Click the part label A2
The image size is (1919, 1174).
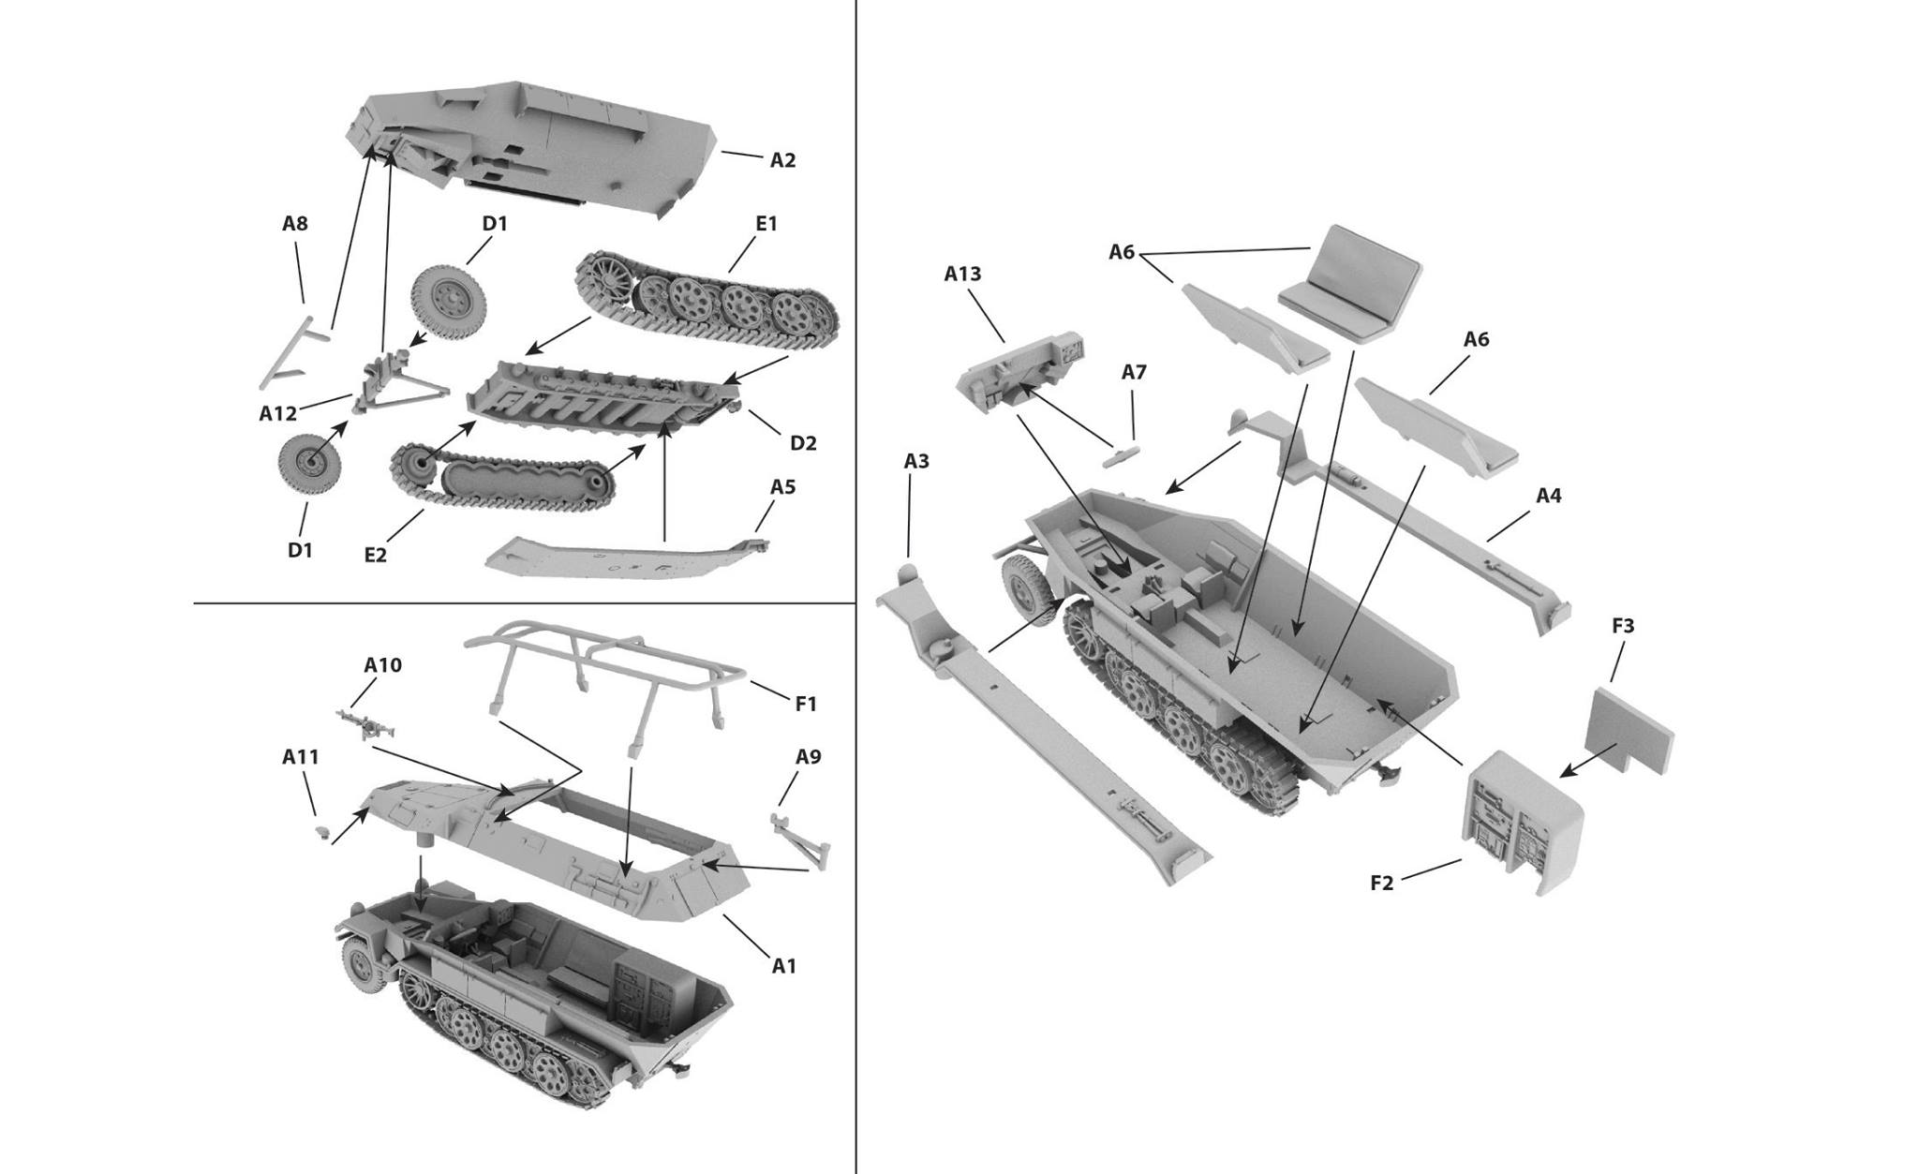[x=782, y=160]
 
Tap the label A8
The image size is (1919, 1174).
[x=295, y=224]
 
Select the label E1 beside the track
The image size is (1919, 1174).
[x=766, y=224]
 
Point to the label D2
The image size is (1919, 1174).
[x=803, y=443]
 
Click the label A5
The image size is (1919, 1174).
[x=782, y=487]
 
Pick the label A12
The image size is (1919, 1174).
[x=278, y=413]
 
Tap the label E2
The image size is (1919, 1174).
[x=375, y=555]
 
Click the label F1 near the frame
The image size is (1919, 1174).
[x=806, y=704]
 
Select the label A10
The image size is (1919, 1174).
[x=382, y=665]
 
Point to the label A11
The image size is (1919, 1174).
[x=301, y=757]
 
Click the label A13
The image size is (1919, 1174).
[x=962, y=274]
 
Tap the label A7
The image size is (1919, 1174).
[x=1134, y=372]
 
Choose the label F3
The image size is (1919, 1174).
[x=1623, y=625]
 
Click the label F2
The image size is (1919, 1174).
[x=1382, y=883]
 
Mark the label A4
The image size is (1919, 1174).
[x=1549, y=496]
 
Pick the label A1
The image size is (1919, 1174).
[x=783, y=965]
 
